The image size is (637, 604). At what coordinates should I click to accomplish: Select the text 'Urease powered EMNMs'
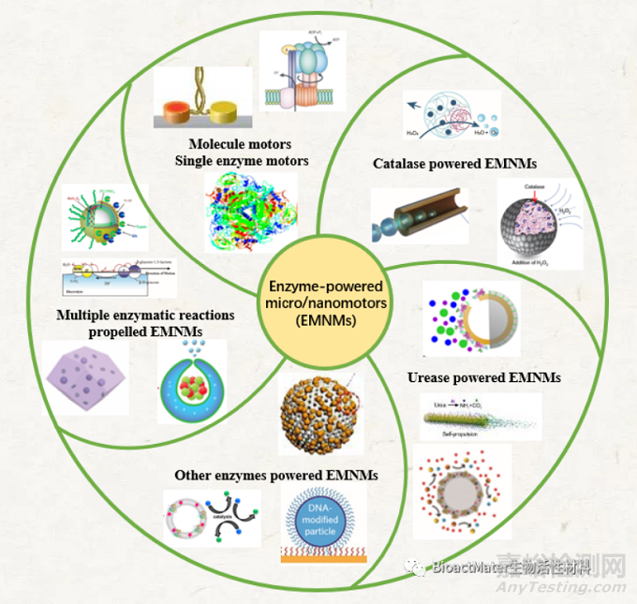484,377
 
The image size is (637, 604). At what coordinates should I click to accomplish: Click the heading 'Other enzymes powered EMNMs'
276,476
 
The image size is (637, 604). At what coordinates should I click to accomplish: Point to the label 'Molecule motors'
240,144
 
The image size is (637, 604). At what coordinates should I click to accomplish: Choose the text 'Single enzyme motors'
242,160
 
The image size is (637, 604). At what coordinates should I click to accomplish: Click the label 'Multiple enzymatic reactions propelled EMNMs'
144,323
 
